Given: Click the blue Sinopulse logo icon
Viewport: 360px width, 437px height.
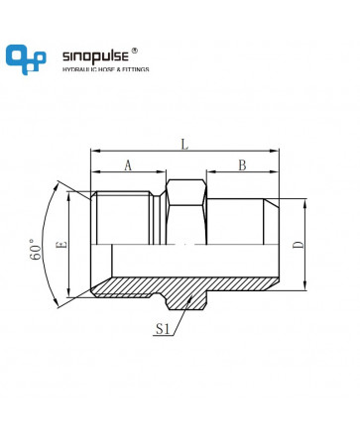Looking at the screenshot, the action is pos(26,59).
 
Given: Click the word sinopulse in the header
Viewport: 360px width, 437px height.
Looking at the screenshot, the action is pos(95,56).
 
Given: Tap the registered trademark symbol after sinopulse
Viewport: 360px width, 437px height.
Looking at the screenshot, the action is pos(135,51).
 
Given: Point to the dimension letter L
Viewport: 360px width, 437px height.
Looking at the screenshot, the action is pos(184,145).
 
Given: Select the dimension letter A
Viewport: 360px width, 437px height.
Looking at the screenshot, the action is pos(128,165).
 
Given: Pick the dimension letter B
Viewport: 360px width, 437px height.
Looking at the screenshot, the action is pos(242,165).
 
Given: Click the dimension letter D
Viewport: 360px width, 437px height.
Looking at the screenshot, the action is pos(299,245).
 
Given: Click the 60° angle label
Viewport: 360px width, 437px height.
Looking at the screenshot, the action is pos(37,249).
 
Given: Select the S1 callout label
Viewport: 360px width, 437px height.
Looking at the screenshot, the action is pos(163,329).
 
